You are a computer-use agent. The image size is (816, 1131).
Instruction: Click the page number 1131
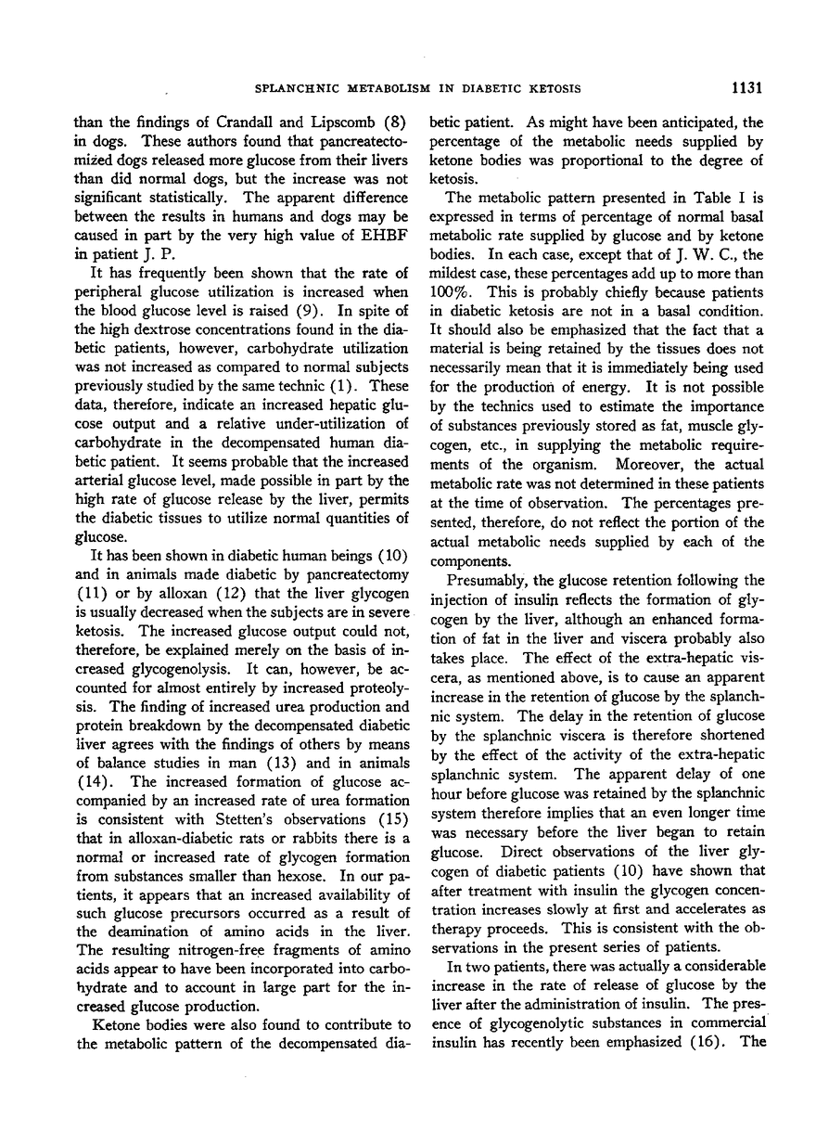point(746,89)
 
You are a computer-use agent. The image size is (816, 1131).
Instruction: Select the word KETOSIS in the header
point(554,89)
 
